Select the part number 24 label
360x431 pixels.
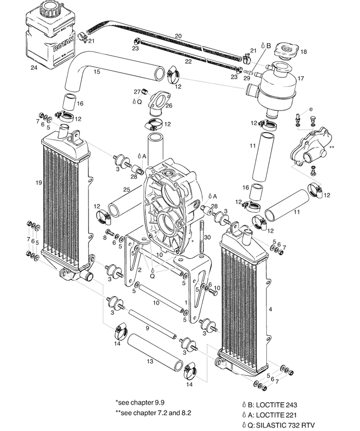(33, 67)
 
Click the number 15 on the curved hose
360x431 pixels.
(96, 72)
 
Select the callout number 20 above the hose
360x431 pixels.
(178, 35)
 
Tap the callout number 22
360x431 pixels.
(188, 61)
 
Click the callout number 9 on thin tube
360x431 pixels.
(148, 328)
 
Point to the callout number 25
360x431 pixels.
(127, 190)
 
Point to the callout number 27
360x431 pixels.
(137, 92)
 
